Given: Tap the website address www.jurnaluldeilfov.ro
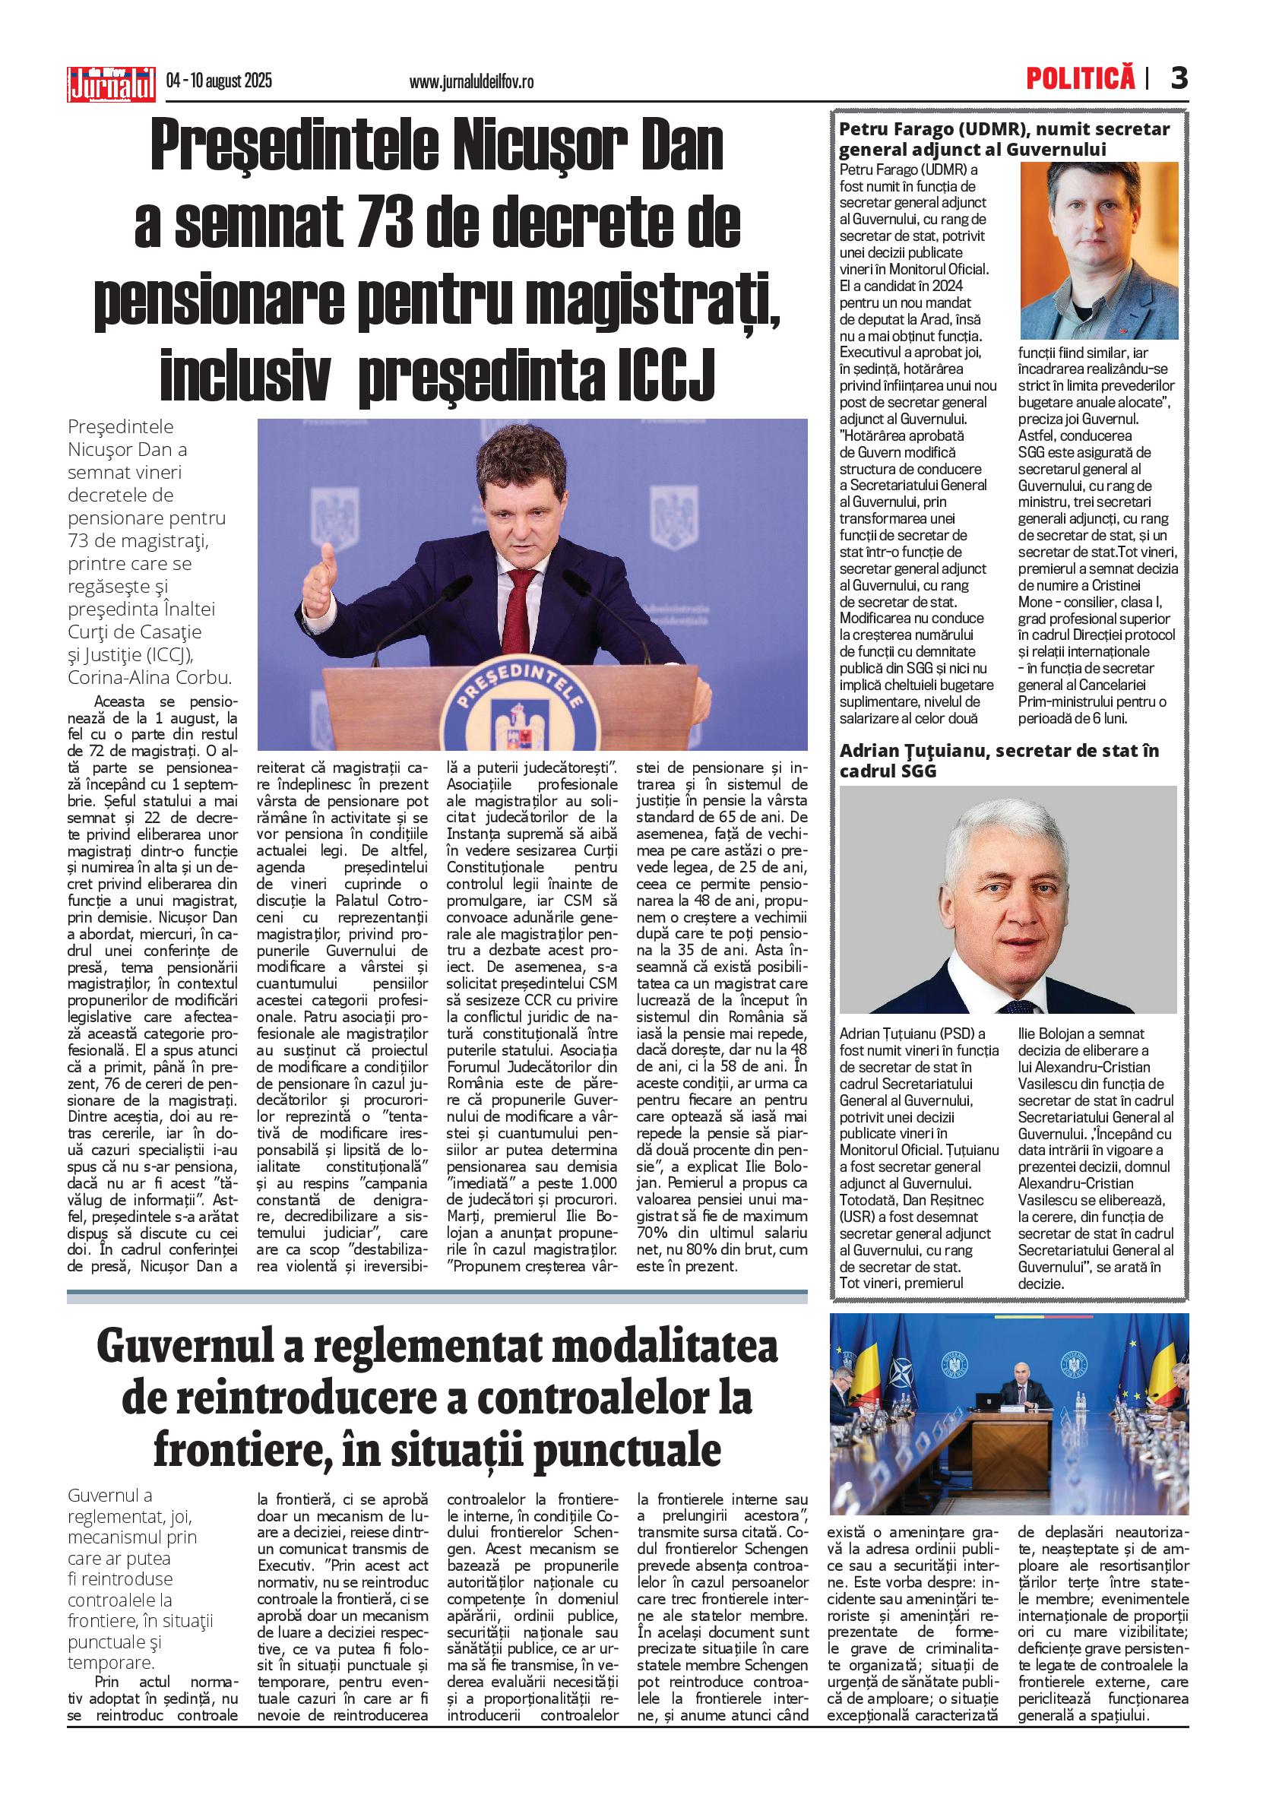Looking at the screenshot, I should [471, 82].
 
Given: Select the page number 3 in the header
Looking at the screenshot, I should [1178, 78].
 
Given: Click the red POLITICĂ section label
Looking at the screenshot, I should [1080, 78].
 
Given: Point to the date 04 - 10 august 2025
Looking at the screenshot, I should [219, 81].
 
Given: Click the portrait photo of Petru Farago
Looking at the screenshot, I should [1099, 251].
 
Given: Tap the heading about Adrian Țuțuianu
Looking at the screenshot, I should [999, 760].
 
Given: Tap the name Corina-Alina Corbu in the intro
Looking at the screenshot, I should [149, 677].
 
